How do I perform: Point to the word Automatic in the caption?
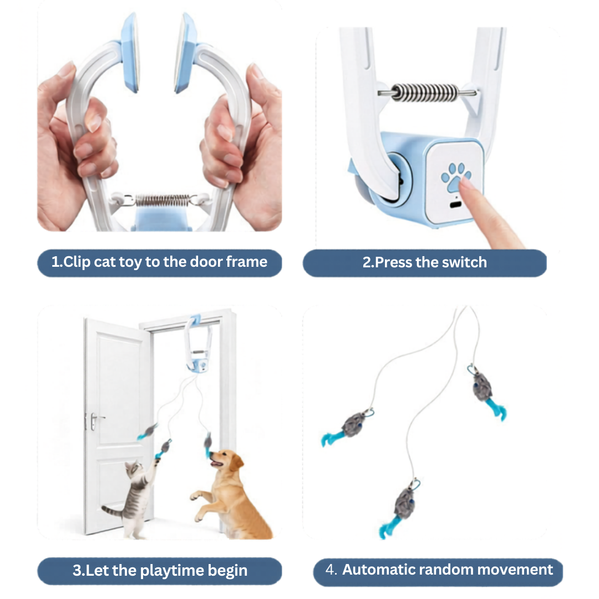(x=378, y=570)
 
